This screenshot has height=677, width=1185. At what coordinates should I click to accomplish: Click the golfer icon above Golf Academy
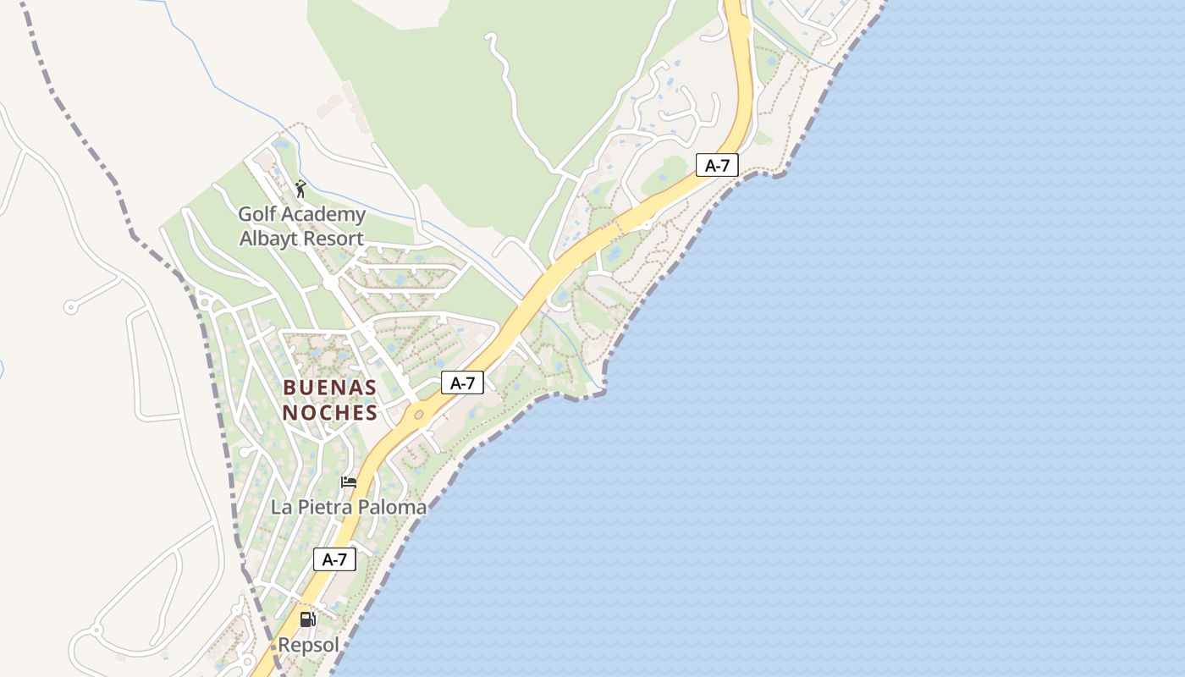(x=300, y=188)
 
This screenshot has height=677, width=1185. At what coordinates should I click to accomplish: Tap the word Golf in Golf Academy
(x=256, y=215)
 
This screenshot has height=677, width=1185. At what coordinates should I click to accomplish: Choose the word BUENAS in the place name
(x=329, y=388)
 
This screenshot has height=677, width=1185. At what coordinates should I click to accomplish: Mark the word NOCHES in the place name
(x=329, y=413)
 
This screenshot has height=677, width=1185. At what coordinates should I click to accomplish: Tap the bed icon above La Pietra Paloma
(x=348, y=483)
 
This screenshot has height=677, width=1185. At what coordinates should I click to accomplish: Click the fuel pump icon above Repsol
(x=308, y=619)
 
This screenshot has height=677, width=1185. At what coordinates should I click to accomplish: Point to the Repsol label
(x=309, y=645)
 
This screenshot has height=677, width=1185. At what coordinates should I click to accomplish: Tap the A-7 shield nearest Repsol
(x=334, y=559)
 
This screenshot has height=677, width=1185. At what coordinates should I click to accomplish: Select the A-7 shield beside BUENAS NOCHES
(x=462, y=383)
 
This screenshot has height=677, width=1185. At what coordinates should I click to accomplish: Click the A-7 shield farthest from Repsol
(x=717, y=166)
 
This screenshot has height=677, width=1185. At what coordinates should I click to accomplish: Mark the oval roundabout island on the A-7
(x=419, y=415)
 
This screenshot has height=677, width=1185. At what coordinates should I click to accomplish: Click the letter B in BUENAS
(x=289, y=388)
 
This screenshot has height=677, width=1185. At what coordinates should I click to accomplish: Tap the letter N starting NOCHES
(x=289, y=413)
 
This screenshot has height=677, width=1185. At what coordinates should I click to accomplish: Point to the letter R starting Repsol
(x=285, y=645)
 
